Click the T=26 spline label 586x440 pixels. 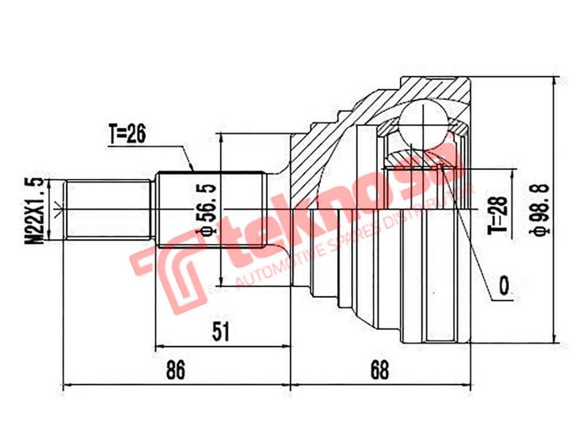(128, 134)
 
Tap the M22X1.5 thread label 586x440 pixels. (33, 210)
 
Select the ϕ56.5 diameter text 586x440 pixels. (208, 210)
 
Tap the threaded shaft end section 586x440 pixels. (108, 210)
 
